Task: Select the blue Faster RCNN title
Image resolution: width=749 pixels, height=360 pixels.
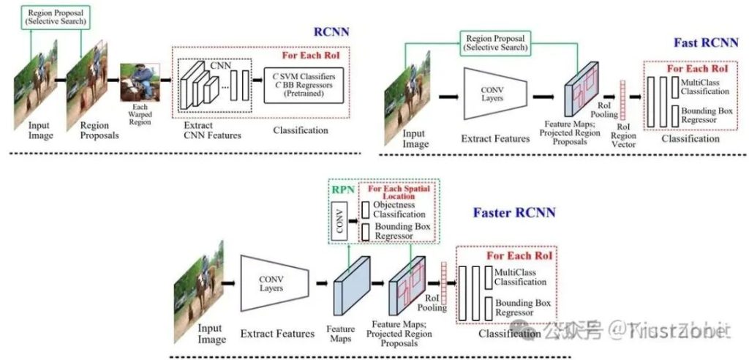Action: tap(513, 213)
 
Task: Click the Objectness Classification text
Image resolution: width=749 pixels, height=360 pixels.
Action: tap(399, 209)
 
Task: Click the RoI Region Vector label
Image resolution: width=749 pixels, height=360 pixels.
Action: tap(625, 135)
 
